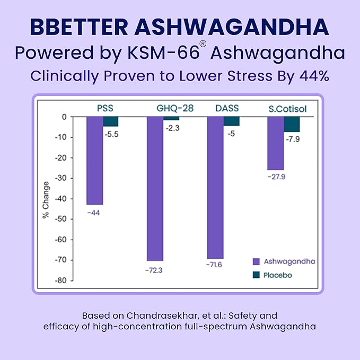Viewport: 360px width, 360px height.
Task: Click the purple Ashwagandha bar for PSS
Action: tap(94, 161)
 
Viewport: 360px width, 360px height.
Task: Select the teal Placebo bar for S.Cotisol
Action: tap(292, 125)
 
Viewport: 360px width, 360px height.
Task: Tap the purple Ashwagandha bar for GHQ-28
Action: tap(155, 189)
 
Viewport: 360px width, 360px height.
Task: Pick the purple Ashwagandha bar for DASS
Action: tap(215, 187)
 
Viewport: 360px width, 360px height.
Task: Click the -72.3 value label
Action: tap(154, 270)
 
